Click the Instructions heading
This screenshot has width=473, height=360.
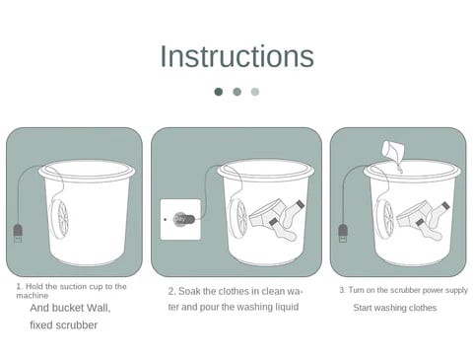pos(236,56)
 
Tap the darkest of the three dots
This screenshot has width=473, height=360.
pos(219,92)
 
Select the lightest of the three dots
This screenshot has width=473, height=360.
pos(255,92)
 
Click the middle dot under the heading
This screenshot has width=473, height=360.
pos(236,92)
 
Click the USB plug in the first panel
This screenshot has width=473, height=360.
pos(18,233)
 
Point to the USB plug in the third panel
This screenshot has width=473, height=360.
pos(343,233)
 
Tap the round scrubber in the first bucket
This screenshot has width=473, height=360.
pos(59,218)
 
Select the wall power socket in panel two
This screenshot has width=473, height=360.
pos(180,219)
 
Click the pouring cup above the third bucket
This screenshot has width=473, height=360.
pos(393,150)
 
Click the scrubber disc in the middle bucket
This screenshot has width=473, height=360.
pos(238,218)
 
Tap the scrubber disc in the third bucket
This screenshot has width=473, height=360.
pos(384,218)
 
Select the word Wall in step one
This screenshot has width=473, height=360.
pos(98,308)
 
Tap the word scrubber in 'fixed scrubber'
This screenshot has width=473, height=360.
pos(77,325)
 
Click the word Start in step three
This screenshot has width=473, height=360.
pos(363,308)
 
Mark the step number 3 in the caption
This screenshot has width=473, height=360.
pos(342,290)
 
